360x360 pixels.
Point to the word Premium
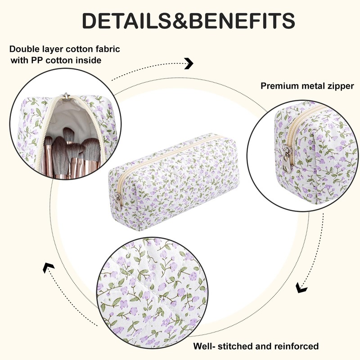click(279, 86)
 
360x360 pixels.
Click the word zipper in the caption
click(339, 86)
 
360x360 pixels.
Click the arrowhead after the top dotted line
click(189, 63)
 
